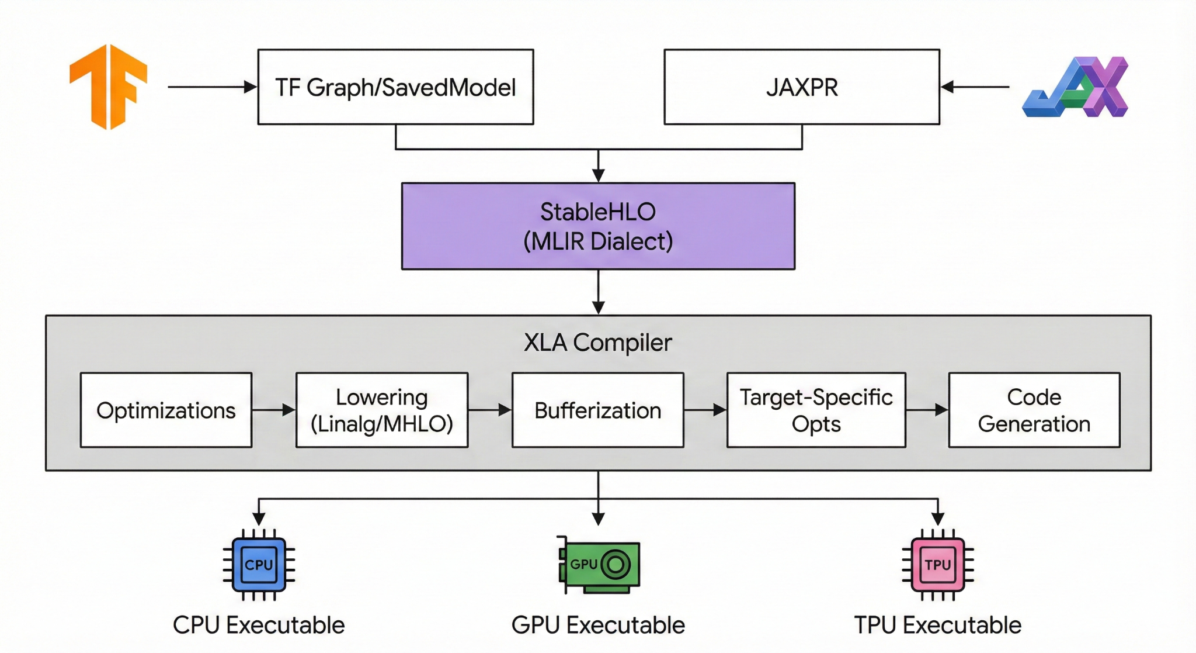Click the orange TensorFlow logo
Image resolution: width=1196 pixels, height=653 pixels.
point(109,86)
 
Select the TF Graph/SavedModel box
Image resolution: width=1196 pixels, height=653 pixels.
point(395,87)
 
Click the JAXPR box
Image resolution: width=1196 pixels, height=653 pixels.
point(802,87)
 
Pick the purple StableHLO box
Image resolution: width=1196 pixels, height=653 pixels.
point(598,226)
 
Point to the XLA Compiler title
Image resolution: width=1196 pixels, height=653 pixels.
point(598,343)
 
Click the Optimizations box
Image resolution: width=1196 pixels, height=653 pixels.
point(166,410)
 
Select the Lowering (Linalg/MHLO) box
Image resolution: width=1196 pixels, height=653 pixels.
point(382,410)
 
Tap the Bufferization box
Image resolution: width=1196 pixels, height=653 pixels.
point(597,410)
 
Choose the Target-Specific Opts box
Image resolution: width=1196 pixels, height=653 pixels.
point(816,410)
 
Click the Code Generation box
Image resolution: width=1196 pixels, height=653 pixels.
point(1034,410)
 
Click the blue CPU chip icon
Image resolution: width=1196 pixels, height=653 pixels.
point(259,565)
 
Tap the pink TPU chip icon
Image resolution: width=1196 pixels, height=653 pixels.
point(938,565)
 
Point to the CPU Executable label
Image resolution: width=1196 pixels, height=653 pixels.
point(259,626)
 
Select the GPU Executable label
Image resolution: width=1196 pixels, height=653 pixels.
point(598,626)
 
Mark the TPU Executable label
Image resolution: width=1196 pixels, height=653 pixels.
point(938,626)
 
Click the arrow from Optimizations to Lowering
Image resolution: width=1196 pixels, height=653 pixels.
point(274,410)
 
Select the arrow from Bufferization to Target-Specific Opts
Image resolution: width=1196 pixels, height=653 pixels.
point(705,410)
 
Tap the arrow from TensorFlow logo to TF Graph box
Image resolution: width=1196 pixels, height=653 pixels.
point(213,87)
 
